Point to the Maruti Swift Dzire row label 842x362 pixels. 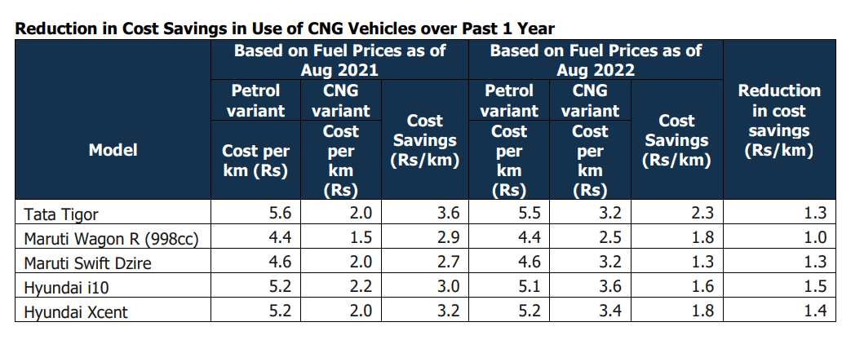click(87, 263)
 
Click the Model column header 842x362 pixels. click(113, 149)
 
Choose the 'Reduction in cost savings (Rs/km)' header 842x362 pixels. click(778, 121)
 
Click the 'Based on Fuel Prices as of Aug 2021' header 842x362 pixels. click(339, 60)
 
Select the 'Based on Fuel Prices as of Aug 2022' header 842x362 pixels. click(596, 60)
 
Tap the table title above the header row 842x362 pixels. click(285, 29)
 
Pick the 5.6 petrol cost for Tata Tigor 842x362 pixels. click(281, 214)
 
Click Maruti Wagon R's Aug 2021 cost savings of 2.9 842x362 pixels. click(449, 238)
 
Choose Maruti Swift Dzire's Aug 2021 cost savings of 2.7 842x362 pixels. click(449, 263)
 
